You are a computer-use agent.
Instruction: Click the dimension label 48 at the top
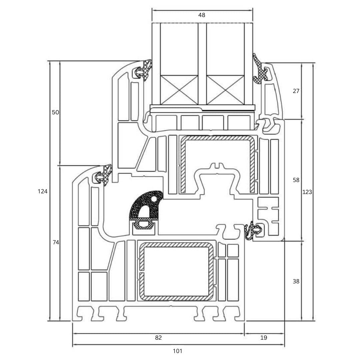click(202, 15)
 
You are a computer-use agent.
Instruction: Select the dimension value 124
click(43, 191)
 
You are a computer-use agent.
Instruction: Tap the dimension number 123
click(307, 192)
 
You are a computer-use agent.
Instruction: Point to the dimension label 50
click(55, 112)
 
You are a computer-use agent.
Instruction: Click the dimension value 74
click(56, 243)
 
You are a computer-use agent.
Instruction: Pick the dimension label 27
click(296, 91)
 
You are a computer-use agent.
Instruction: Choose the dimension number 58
click(296, 180)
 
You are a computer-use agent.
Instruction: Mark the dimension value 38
click(296, 281)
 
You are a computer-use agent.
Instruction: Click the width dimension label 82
click(158, 338)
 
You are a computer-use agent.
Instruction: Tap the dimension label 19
click(264, 338)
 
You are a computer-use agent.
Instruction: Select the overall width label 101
click(178, 351)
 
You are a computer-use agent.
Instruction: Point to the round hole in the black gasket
click(154, 199)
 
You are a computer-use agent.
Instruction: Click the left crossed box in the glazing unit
click(179, 90)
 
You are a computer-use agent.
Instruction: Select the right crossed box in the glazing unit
click(225, 90)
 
